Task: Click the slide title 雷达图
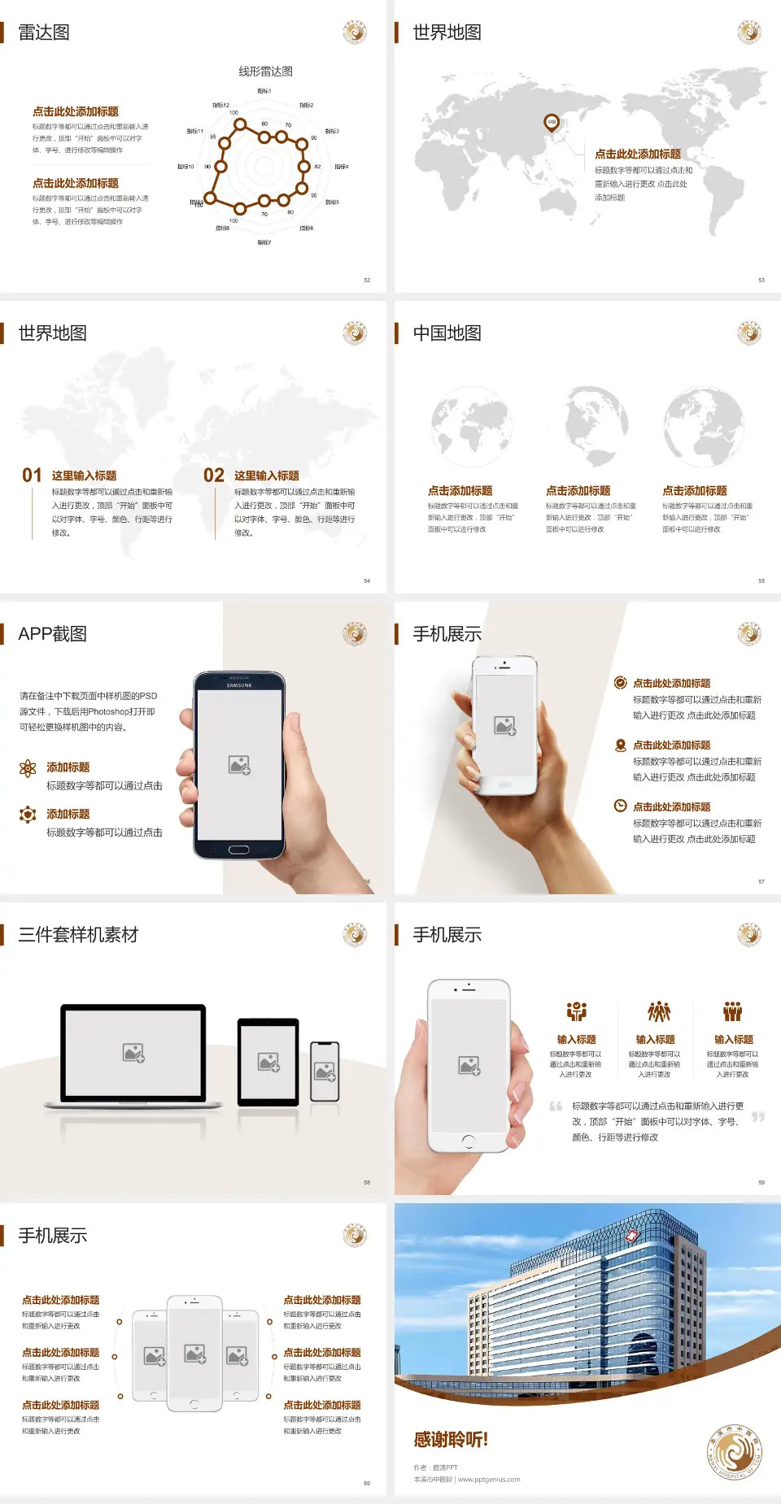[x=44, y=33]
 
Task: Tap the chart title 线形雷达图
[x=265, y=72]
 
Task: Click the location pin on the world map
[x=552, y=122]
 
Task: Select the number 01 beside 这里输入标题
[x=32, y=476]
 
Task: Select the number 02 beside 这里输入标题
[x=214, y=476]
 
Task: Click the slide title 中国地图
[x=447, y=333]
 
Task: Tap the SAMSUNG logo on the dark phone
[x=239, y=685]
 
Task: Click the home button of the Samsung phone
[x=238, y=850]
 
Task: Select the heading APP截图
[x=52, y=634]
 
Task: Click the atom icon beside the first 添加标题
[x=28, y=768]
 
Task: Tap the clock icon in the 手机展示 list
[x=620, y=806]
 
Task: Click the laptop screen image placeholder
[x=133, y=1053]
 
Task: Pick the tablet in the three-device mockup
[x=268, y=1061]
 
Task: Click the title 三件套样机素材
[x=78, y=935]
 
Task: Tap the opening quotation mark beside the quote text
[x=556, y=1106]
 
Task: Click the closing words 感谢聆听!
[x=451, y=1440]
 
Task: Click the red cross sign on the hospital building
[x=632, y=1234]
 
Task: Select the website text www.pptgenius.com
[x=488, y=1480]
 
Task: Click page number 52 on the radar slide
[x=367, y=280]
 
